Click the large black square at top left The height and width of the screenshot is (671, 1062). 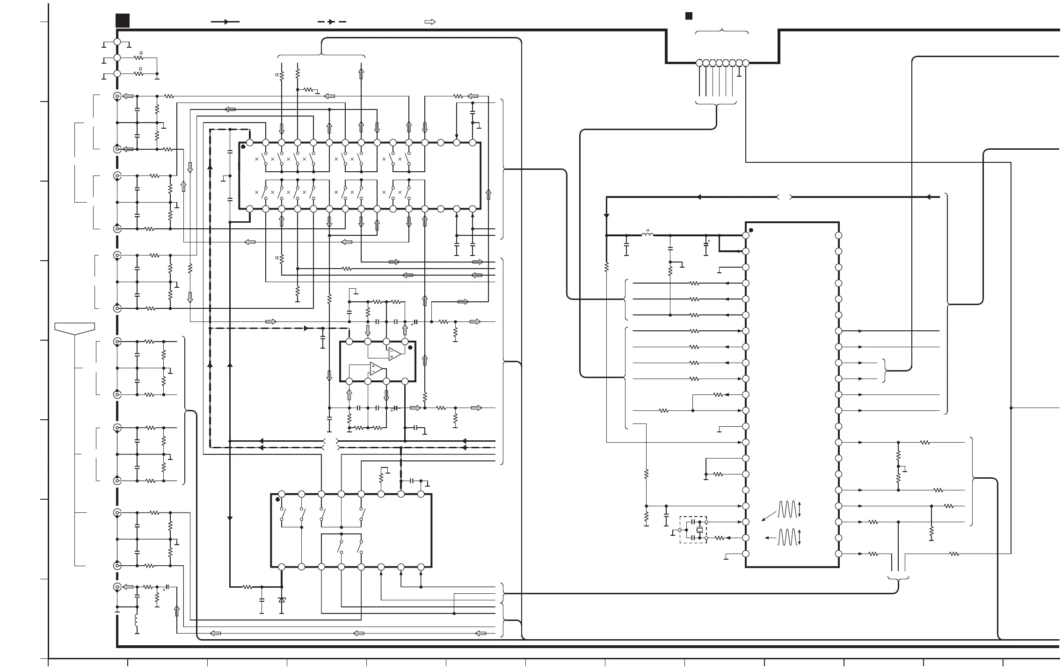coord(123,21)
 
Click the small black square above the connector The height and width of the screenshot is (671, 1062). coord(689,16)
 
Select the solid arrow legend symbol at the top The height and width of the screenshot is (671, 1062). coord(225,22)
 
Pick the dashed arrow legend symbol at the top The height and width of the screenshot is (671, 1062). coord(331,22)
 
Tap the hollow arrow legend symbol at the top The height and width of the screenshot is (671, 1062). coord(429,22)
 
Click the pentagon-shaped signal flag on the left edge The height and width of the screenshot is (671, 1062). coord(75,328)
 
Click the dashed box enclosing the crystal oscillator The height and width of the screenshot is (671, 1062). coord(693,530)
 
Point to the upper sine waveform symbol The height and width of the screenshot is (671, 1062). coord(787,509)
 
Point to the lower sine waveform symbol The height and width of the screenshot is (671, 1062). coord(787,537)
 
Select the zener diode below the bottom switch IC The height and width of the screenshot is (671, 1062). coord(282,599)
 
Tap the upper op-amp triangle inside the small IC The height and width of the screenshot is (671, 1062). coord(394,354)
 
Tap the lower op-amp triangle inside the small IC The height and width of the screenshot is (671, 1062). coord(377,369)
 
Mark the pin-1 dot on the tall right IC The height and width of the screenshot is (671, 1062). coord(751,230)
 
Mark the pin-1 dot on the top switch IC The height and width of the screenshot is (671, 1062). coord(243,147)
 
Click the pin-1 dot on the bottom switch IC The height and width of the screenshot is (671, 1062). coord(277,499)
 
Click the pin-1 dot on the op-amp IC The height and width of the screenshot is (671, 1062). coord(410,347)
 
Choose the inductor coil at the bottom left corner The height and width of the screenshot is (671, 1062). coord(137,620)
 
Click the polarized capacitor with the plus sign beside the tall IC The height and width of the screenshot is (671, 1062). coord(706,245)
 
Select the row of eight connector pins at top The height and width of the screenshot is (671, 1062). coord(722,63)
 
